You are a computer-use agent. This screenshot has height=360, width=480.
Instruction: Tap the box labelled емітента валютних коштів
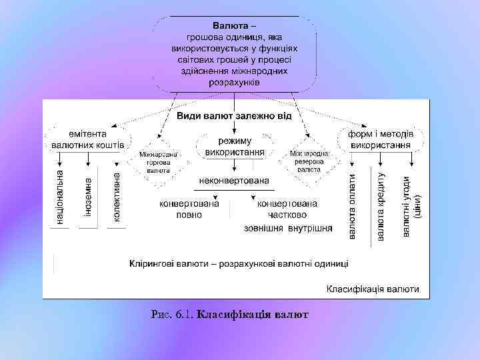click(88, 139)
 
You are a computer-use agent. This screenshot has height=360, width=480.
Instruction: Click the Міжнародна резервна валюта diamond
click(309, 161)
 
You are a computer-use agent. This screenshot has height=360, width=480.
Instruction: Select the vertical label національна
click(59, 196)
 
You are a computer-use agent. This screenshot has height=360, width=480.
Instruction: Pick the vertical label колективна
click(116, 197)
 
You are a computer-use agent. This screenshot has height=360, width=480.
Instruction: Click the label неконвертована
click(234, 181)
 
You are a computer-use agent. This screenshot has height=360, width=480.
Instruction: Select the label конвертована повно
click(189, 209)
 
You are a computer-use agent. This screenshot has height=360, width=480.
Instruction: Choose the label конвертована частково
click(287, 209)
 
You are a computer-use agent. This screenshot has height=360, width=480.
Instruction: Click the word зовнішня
click(263, 229)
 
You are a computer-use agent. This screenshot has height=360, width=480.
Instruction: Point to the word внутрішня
click(310, 229)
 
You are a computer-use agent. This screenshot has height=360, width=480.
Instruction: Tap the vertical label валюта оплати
click(352, 207)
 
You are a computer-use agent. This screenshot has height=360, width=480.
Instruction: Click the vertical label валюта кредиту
click(380, 207)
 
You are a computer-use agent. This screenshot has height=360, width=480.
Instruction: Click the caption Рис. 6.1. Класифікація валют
click(230, 313)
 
